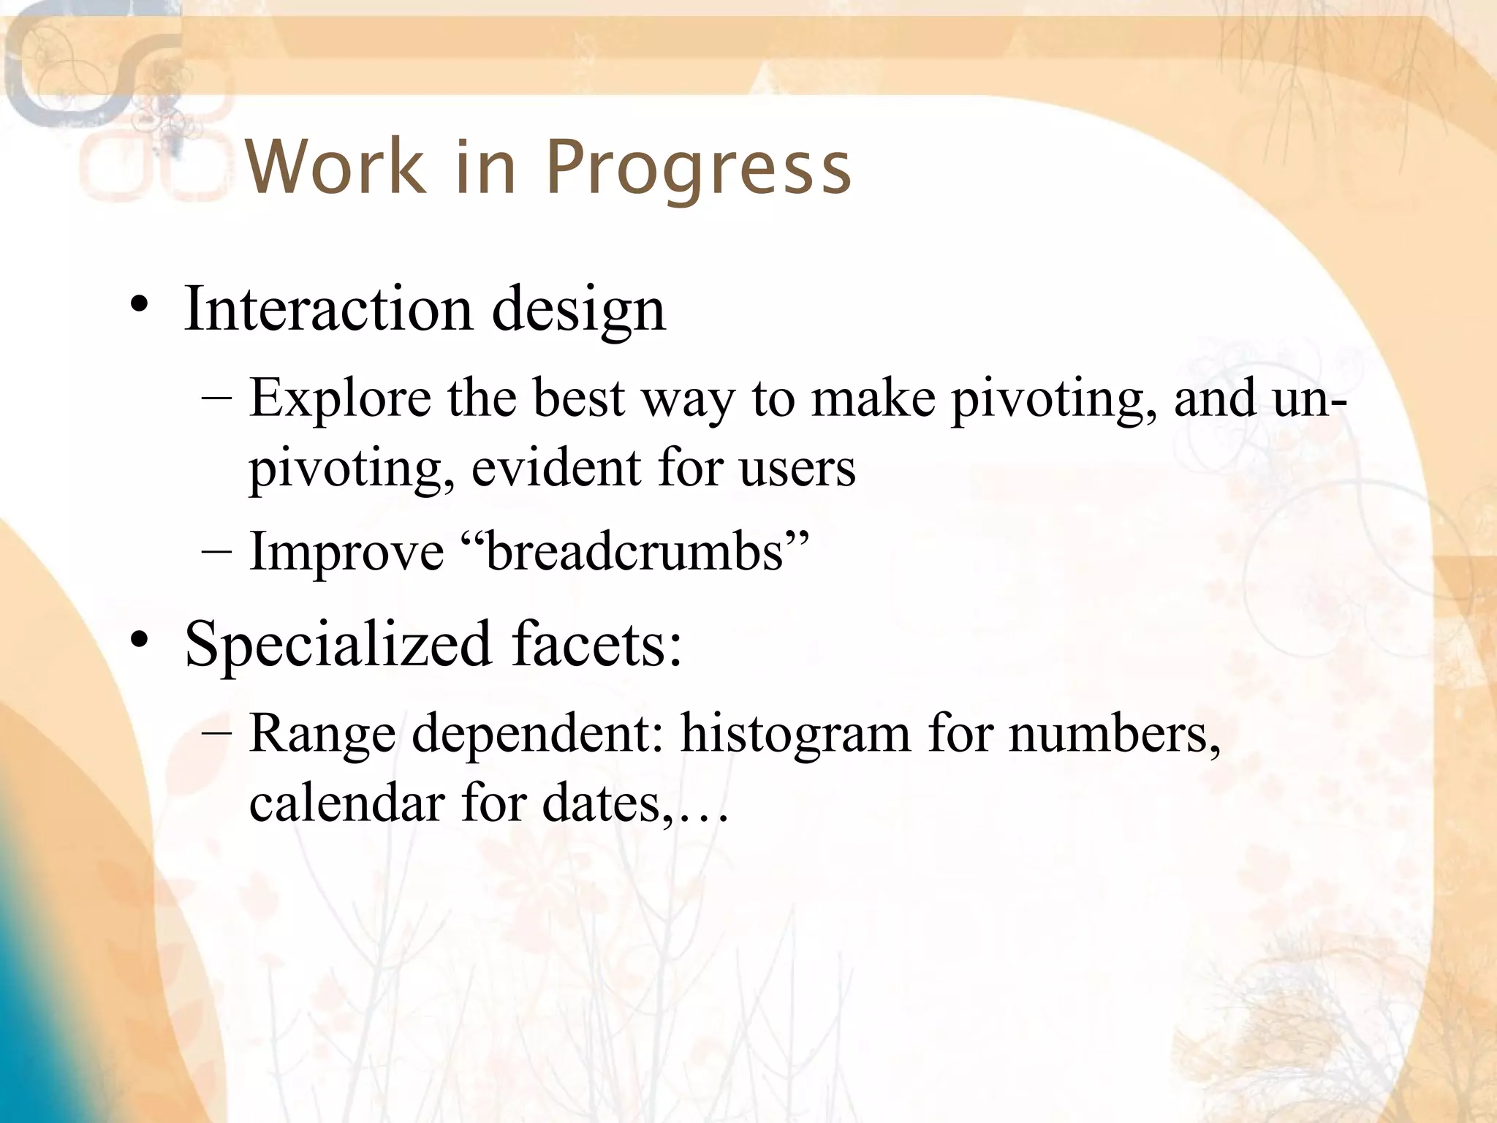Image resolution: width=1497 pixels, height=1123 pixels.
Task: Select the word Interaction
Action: [x=328, y=309]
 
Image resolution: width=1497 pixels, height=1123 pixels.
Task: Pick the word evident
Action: [x=556, y=468]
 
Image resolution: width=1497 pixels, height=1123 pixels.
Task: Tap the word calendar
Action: [x=346, y=803]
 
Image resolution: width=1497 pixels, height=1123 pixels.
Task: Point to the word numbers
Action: [x=1114, y=733]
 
